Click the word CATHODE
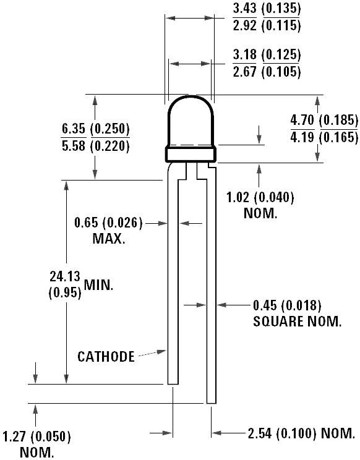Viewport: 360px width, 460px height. pos(106,356)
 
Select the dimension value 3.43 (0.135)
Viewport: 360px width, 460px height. pos(267,9)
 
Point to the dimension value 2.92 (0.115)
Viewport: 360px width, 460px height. pos(267,25)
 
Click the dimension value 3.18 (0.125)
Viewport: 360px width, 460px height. pos(267,55)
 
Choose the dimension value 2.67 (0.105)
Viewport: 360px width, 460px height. pos(267,71)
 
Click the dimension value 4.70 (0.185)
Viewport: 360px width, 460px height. pos(324,120)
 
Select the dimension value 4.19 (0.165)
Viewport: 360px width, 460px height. pos(324,137)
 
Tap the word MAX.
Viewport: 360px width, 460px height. pos(109,239)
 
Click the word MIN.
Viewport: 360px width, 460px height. pos(100,285)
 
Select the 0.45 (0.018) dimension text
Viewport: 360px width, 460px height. pos(288,305)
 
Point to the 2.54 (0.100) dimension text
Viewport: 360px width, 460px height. pos(291,432)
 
